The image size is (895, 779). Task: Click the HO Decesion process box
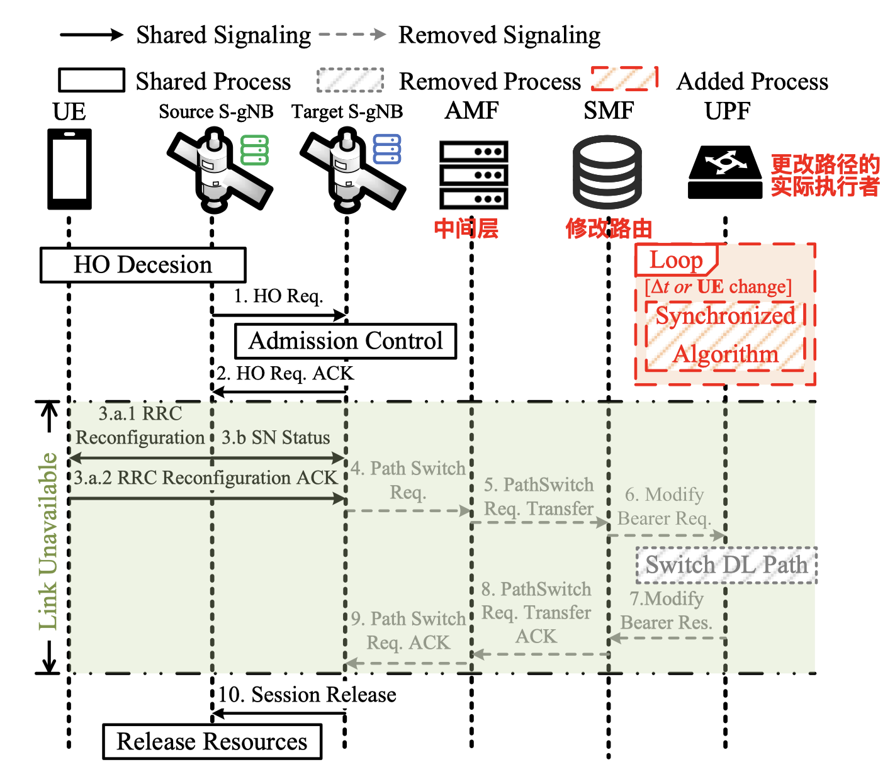click(x=143, y=265)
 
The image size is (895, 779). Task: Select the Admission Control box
click(x=346, y=341)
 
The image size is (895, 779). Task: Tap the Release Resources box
click(x=212, y=741)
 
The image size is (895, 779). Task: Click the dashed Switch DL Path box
click(x=726, y=565)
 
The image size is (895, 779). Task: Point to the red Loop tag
click(x=676, y=260)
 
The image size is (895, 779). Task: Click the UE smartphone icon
click(x=70, y=169)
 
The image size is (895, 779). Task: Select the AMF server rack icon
click(x=473, y=175)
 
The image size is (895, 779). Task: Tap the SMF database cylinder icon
click(x=607, y=172)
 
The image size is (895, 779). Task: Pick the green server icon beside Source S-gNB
click(x=255, y=150)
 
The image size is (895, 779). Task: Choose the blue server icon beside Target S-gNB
click(x=387, y=149)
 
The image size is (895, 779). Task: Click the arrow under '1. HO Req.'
click(x=279, y=314)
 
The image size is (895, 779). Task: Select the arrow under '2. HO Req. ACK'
click(x=279, y=392)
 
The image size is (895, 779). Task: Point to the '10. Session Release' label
click(x=307, y=695)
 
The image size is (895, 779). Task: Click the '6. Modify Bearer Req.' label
click(x=665, y=507)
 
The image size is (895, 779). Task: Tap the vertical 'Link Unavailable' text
click(x=48, y=541)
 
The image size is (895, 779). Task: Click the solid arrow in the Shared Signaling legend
click(x=92, y=35)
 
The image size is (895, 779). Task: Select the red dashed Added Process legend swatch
click(x=625, y=79)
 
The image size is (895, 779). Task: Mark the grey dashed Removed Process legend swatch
click(x=350, y=81)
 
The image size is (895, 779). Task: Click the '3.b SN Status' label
click(x=276, y=437)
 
